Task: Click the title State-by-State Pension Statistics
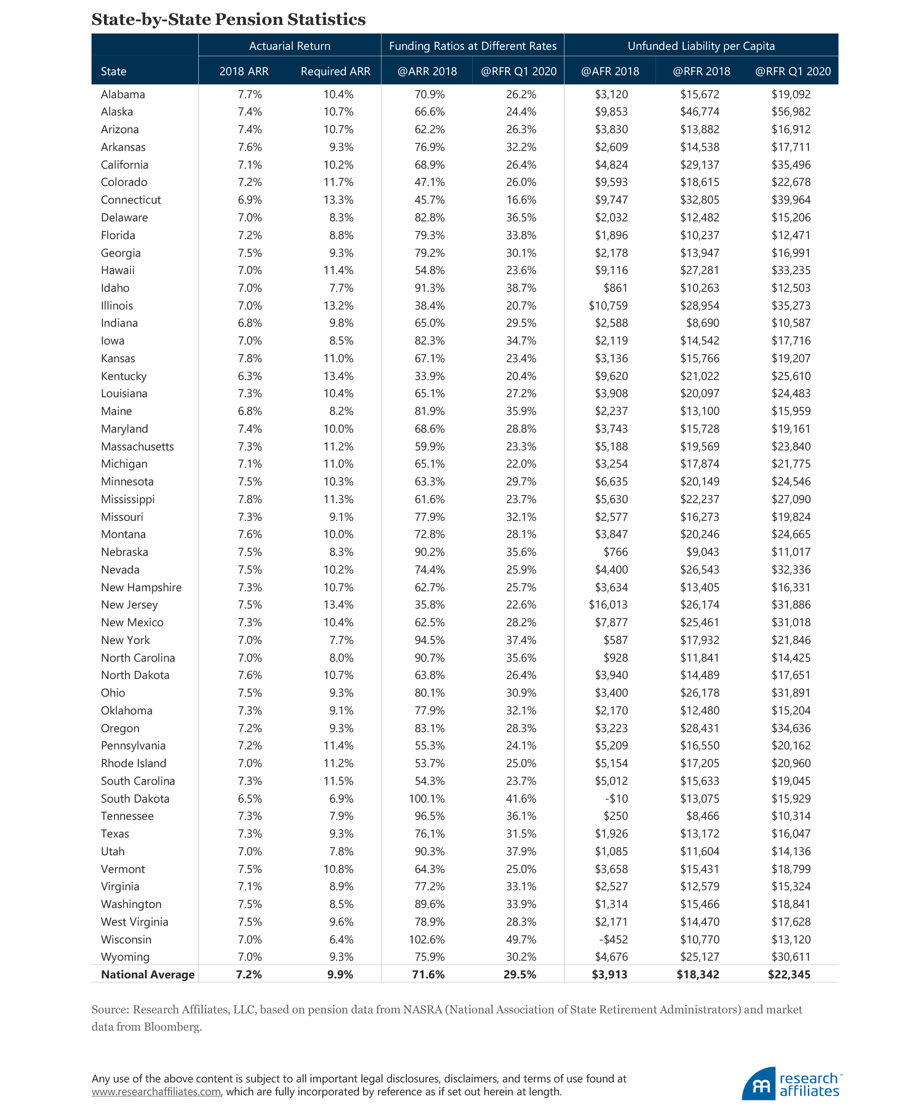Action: tap(229, 20)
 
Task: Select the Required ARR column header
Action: tap(335, 71)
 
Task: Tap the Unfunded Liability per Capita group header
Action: tap(701, 46)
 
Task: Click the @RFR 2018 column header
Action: tap(701, 71)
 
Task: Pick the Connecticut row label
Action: tap(130, 200)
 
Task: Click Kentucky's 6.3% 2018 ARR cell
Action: tap(250, 376)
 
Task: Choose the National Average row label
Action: tap(147, 974)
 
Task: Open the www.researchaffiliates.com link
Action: tap(156, 1092)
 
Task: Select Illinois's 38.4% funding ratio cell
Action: tap(429, 306)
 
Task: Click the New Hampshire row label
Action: tap(141, 587)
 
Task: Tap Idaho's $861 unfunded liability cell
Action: tap(615, 288)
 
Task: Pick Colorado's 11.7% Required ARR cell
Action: tap(338, 182)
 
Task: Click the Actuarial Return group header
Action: tap(289, 46)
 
